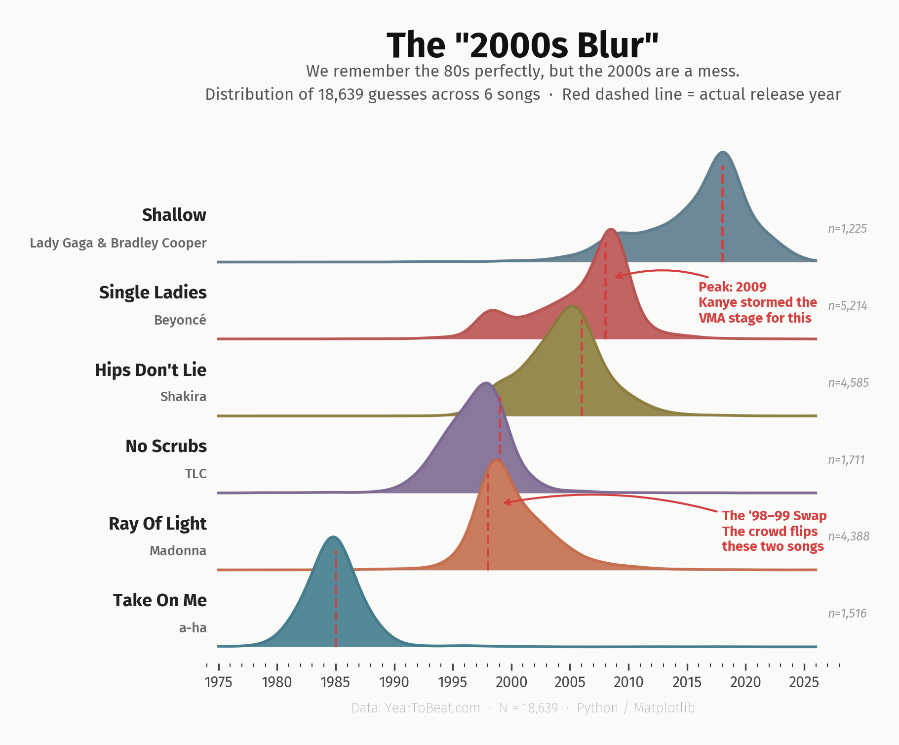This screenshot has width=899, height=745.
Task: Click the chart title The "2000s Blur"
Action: pyautogui.click(x=522, y=45)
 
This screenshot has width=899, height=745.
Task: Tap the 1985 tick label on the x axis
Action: pyautogui.click(x=335, y=683)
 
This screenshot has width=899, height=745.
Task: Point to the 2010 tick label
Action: pyautogui.click(x=628, y=683)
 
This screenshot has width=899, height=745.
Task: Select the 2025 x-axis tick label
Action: pyautogui.click(x=804, y=683)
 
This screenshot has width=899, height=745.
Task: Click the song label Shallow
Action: pyautogui.click(x=174, y=215)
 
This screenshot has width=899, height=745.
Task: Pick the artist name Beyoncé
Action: pyautogui.click(x=180, y=320)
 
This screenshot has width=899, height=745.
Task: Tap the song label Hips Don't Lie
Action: pyautogui.click(x=151, y=370)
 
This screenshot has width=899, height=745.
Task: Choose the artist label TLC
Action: pyautogui.click(x=195, y=474)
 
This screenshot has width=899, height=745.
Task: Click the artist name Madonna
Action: pyautogui.click(x=178, y=551)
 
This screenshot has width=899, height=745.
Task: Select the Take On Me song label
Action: pyautogui.click(x=159, y=600)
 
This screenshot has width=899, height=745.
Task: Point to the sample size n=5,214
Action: pyautogui.click(x=848, y=306)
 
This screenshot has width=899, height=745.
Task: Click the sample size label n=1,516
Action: pyautogui.click(x=847, y=614)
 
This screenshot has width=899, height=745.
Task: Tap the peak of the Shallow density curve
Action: pyautogui.click(x=723, y=152)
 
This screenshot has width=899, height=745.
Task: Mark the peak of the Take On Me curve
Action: pyautogui.click(x=333, y=537)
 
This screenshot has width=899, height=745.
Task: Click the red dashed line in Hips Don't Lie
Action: pyautogui.click(x=582, y=371)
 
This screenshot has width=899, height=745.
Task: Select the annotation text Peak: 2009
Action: pyautogui.click(x=732, y=287)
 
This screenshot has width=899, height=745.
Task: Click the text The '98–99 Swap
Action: pyautogui.click(x=774, y=516)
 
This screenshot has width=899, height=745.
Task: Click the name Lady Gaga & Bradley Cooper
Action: pyautogui.click(x=118, y=243)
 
